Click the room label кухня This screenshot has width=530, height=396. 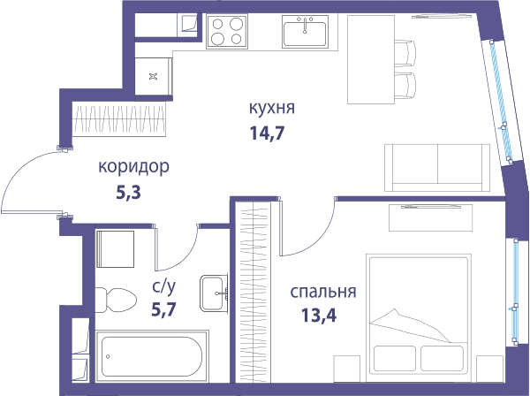click(272, 108)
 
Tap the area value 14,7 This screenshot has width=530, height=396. click(267, 133)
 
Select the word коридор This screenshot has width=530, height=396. click(133, 167)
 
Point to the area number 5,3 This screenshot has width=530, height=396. click(128, 193)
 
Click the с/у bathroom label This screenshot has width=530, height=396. click(164, 287)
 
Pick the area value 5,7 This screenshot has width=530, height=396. click(164, 309)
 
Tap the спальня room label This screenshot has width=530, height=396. click(323, 292)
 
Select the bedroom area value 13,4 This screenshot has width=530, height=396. click(319, 316)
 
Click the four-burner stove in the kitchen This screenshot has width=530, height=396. click(227, 31)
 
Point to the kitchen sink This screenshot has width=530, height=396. click(306, 31)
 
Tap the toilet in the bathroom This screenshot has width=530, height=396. click(116, 301)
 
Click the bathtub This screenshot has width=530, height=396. click(152, 356)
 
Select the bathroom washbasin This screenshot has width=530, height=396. click(214, 293)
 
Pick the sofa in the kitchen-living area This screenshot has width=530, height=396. click(437, 168)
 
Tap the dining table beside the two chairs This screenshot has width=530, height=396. click(371, 59)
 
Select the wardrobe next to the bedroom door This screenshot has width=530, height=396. click(253, 292)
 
